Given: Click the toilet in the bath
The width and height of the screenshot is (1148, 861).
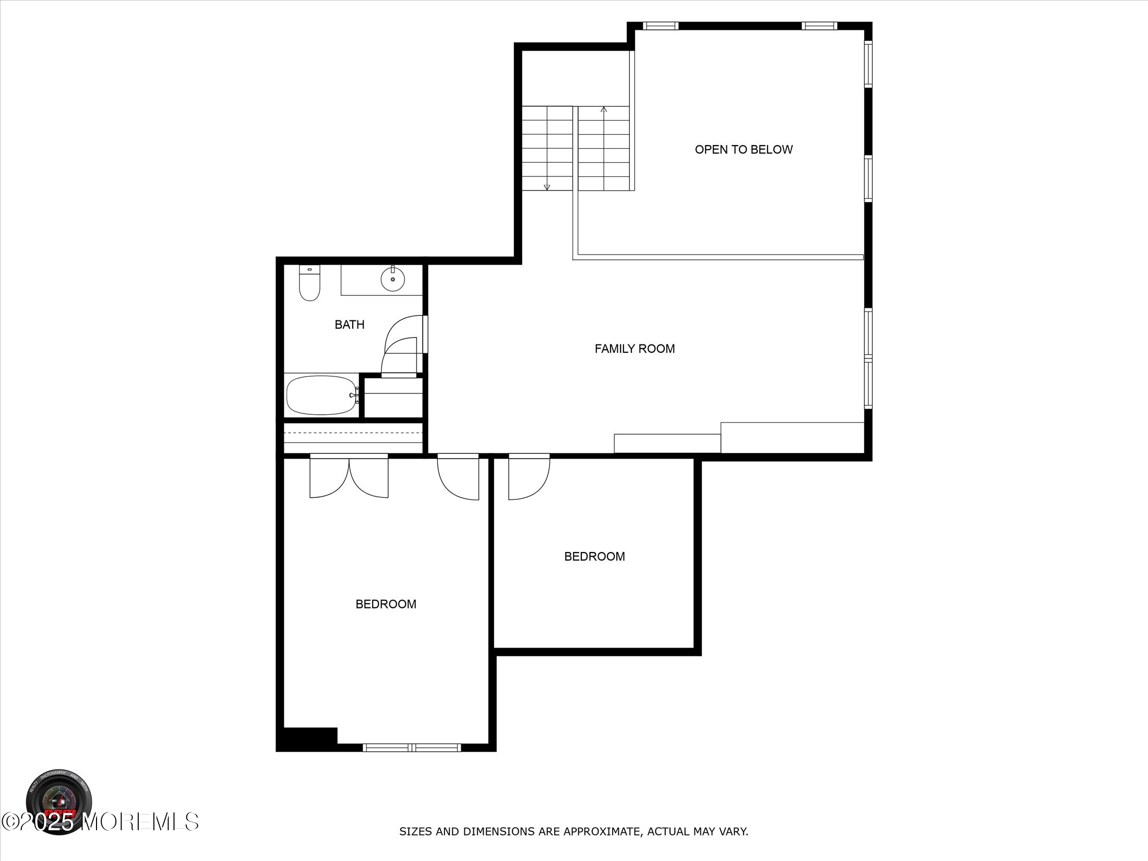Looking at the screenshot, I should click(x=309, y=284).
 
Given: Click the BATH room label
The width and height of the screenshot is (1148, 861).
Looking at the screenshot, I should click(x=349, y=325).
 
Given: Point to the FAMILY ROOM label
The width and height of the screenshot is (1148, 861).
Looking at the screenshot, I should click(x=635, y=349).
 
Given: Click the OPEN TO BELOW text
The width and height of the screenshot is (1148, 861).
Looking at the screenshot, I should click(x=743, y=150).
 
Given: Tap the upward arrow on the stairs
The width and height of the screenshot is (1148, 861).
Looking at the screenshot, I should click(x=604, y=110).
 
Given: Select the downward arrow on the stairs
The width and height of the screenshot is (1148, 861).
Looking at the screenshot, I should click(x=547, y=186).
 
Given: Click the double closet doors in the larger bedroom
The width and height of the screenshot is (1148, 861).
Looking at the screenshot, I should click(x=349, y=476).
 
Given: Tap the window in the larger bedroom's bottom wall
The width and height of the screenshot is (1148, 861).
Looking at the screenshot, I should click(x=412, y=748).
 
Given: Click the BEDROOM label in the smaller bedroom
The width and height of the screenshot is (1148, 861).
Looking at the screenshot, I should click(x=594, y=556).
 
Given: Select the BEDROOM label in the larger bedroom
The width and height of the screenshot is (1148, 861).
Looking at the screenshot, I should click(x=386, y=604).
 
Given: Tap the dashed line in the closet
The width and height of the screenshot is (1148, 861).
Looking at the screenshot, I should click(x=353, y=433).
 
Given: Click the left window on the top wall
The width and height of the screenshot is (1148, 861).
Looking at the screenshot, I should click(x=660, y=26).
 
